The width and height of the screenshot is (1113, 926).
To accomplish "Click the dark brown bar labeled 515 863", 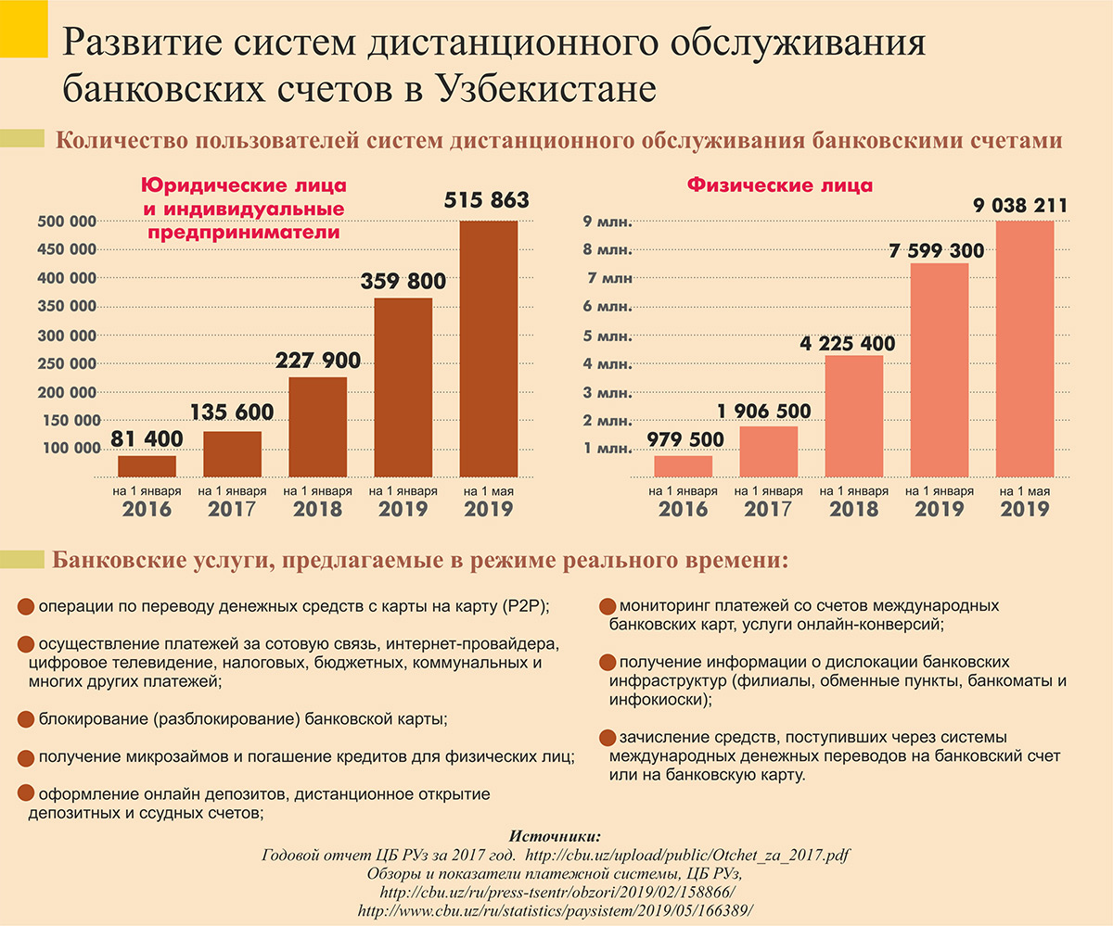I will click(489, 348).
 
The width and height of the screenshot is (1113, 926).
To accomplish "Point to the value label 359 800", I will click(403, 281).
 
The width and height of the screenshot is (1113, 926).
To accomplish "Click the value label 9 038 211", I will click(1021, 205).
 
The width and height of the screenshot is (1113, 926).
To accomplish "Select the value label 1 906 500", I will click(764, 411).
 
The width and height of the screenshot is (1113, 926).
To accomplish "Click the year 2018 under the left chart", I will click(317, 509).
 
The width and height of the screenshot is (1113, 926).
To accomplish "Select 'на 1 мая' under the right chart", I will click(1025, 490).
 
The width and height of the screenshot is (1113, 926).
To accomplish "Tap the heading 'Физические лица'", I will click(779, 184).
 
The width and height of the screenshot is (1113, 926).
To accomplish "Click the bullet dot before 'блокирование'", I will click(27, 718).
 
